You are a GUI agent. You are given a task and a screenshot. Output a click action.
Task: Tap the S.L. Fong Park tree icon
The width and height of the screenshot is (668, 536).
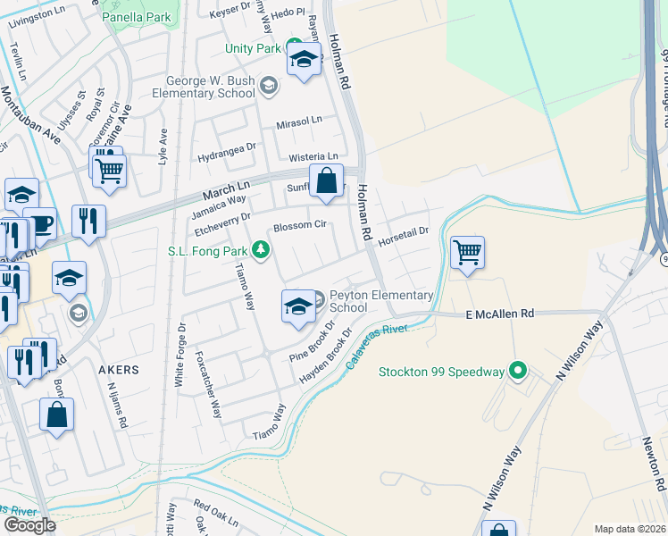261,249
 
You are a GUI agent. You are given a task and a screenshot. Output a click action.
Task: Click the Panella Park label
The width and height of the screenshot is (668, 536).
136,17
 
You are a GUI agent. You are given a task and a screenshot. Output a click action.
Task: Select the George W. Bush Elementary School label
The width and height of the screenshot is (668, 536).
204,87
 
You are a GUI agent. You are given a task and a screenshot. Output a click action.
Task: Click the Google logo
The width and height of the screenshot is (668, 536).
29,525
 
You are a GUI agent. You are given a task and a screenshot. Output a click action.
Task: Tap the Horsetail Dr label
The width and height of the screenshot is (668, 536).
403,236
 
